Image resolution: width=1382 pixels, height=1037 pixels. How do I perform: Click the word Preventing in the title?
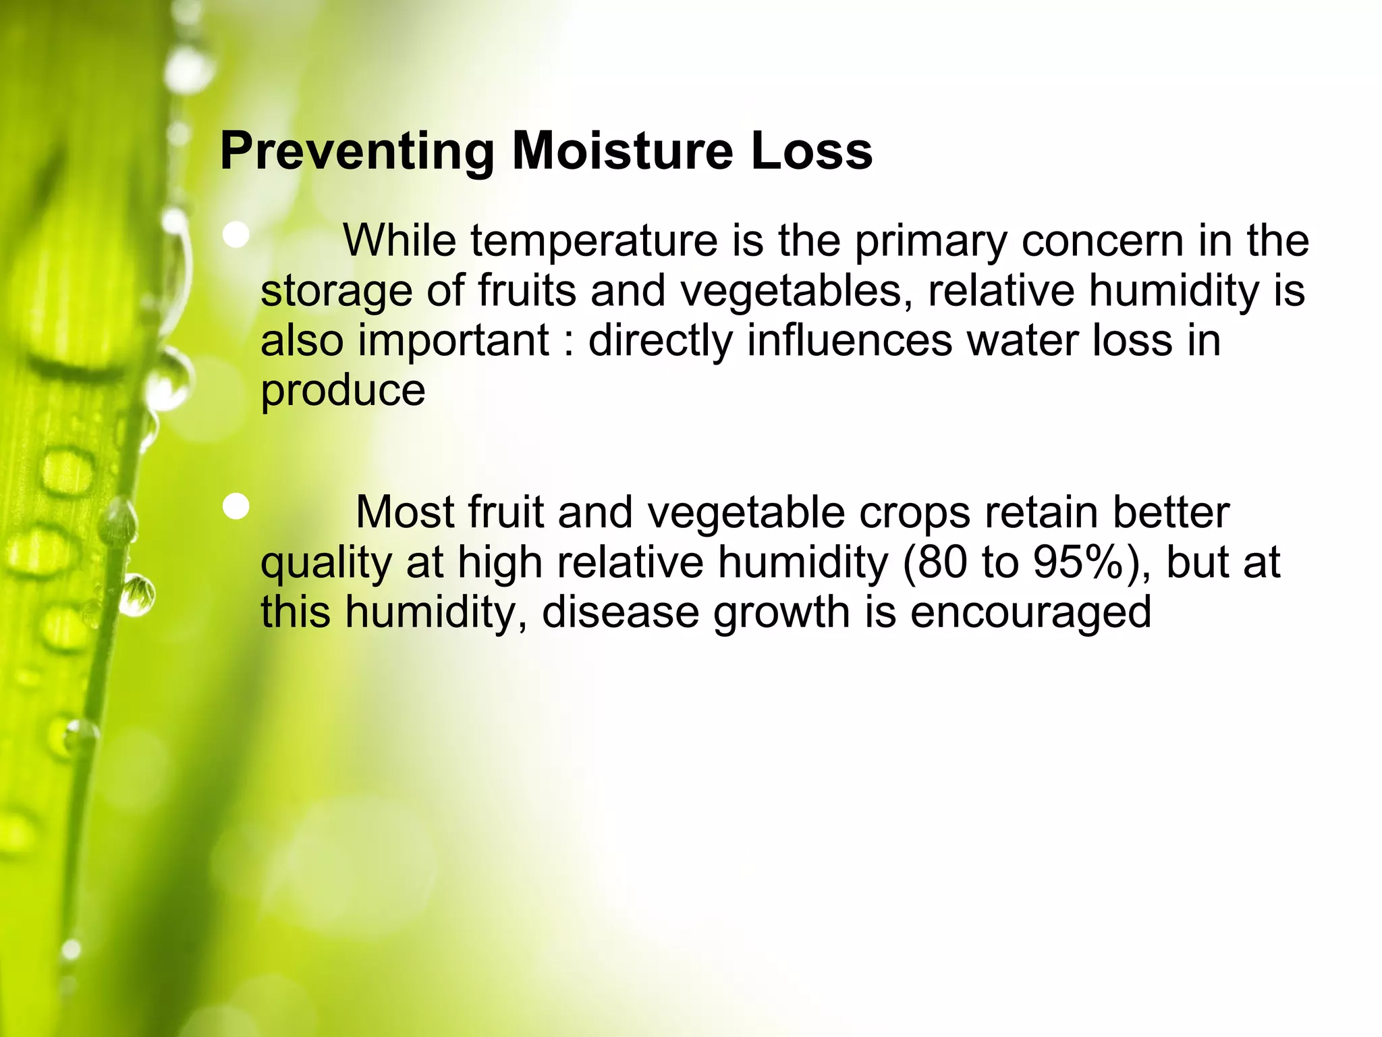point(357,151)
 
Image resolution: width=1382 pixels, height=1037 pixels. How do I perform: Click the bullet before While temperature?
point(236,236)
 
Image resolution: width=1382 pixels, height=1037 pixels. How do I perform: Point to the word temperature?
point(594,241)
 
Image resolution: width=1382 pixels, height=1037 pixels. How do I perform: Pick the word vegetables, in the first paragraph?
point(796,292)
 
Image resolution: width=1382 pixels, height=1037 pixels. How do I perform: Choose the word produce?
point(343,392)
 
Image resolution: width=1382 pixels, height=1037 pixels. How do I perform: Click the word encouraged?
point(1030,613)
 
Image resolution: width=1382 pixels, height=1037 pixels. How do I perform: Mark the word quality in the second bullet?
point(326,564)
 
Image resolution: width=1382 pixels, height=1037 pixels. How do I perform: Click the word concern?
point(1102,241)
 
